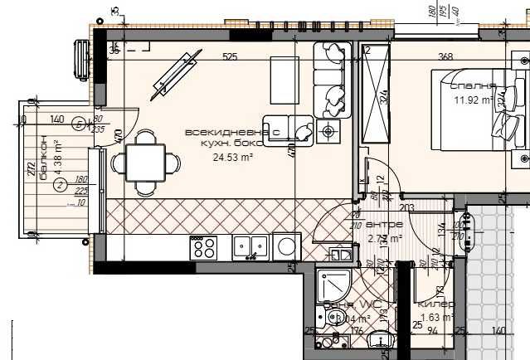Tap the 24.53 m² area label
pos(232,156)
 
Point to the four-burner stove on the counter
pos(204,247)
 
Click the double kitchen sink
pos(250,246)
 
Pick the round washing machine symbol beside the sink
pos(287,246)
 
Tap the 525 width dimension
pos(230,57)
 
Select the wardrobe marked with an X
pos(376,95)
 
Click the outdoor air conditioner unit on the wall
pos(81,59)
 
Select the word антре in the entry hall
pos(385,225)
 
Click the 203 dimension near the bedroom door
pos(406,207)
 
